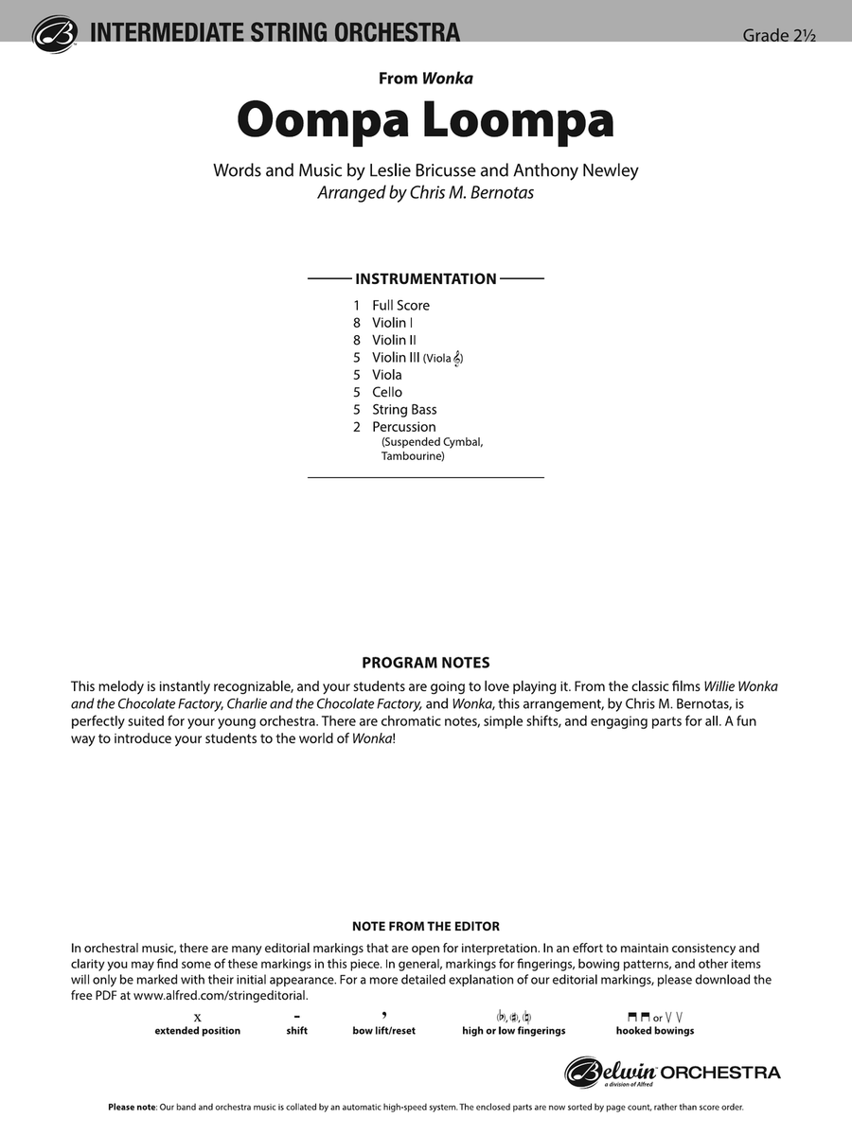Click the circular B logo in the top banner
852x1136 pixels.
point(55,34)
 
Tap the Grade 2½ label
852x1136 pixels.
point(778,36)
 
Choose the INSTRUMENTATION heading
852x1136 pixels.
point(426,279)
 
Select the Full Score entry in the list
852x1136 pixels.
point(400,306)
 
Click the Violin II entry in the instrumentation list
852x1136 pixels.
point(394,340)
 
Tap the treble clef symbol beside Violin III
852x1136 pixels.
point(458,358)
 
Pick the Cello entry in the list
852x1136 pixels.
point(387,392)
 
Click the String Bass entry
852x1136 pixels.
point(404,410)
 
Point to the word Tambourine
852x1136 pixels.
point(413,456)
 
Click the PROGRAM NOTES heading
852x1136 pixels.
point(426,664)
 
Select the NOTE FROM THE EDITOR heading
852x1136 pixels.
point(426,927)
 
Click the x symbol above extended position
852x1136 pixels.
point(197,1016)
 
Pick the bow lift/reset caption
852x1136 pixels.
point(383,1030)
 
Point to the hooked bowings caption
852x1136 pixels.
point(655,1030)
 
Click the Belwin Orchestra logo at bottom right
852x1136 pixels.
point(673,1073)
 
